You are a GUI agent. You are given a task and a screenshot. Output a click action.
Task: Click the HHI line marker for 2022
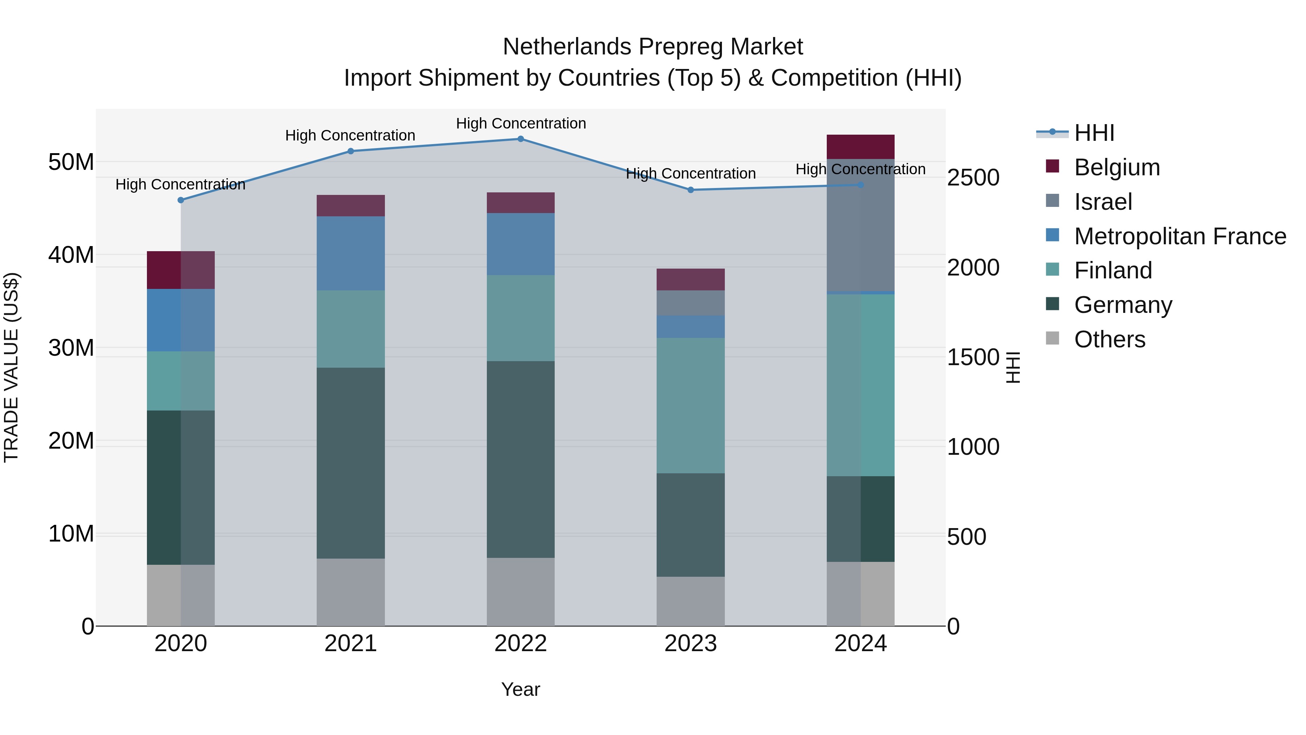coord(521,139)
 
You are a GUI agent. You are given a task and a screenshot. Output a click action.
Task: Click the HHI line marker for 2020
coord(181,200)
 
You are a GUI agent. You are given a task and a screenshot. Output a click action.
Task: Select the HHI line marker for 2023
coord(690,190)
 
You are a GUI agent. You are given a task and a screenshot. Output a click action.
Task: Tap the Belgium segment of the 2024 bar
coord(861,147)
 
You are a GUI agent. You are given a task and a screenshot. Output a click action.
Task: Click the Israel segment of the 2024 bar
coord(861,226)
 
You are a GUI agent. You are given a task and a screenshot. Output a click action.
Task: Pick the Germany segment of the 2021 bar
coord(350,463)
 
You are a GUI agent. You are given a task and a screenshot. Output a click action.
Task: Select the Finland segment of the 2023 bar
coord(690,406)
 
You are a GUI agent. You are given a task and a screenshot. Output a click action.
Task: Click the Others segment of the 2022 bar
coord(521,592)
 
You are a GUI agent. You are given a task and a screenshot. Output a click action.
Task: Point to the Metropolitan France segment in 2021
coord(350,254)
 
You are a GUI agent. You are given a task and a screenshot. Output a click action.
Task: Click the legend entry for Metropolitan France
coord(1179,236)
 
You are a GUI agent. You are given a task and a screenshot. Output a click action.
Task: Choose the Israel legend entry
coord(1103,202)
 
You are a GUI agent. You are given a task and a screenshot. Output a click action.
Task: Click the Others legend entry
coord(1109,339)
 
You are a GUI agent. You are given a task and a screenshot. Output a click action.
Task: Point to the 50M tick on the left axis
coord(71,162)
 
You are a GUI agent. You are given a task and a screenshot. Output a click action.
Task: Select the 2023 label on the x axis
coord(690,644)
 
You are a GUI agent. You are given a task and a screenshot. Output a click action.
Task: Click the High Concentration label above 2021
coord(350,135)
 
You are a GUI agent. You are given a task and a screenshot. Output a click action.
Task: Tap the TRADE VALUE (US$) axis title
coord(11,367)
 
